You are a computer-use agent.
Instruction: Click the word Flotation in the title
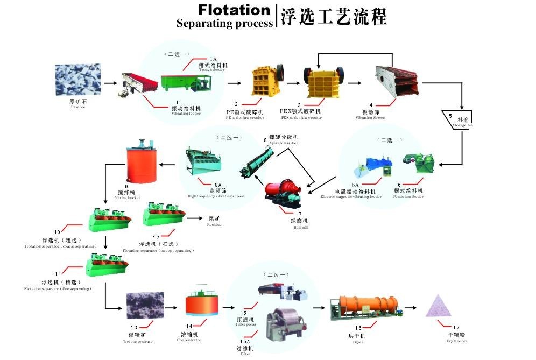tap(234, 10)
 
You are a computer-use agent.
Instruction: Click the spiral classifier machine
tap(257, 160)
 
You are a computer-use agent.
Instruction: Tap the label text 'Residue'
tap(214, 224)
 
